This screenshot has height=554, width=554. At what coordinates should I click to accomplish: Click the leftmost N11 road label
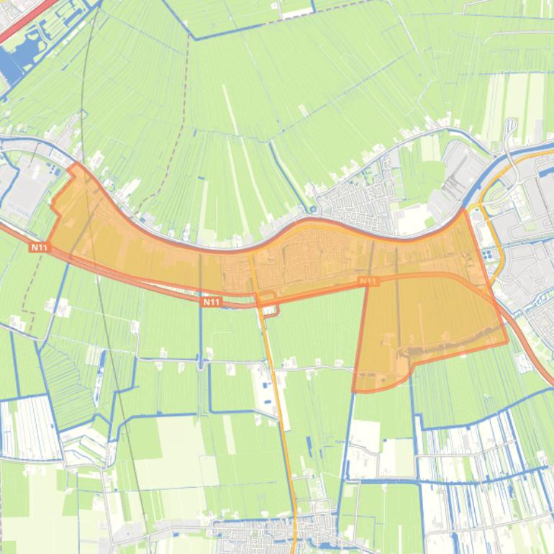click(x=40, y=247)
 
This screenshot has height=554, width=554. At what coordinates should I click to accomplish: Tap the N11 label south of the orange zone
click(x=211, y=302)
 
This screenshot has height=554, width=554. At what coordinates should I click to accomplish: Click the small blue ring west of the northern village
click(x=313, y=210)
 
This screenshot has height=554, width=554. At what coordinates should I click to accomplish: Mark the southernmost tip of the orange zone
click(x=355, y=391)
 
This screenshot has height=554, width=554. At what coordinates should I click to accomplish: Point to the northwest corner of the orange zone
click(x=75, y=165)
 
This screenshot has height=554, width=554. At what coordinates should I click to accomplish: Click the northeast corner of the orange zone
click(x=463, y=211)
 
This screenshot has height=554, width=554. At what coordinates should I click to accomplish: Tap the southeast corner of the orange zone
click(x=507, y=342)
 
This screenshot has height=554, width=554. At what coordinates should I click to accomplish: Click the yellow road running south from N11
click(x=281, y=417)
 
